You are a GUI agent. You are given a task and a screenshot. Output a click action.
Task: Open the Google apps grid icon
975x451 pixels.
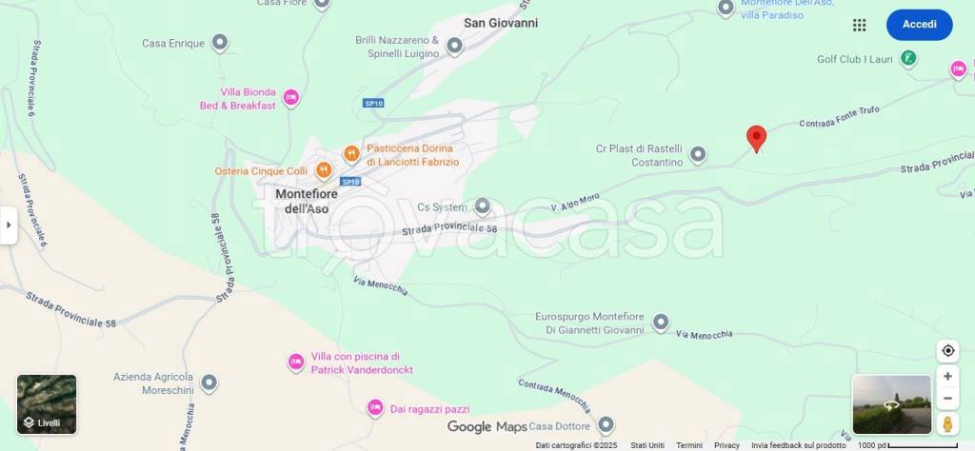[x=859, y=25]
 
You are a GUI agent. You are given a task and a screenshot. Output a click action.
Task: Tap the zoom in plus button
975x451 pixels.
[x=947, y=376]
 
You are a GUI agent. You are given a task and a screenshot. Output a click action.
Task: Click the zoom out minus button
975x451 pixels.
[x=947, y=398]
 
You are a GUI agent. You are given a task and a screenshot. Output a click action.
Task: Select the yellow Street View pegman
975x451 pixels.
[x=947, y=423]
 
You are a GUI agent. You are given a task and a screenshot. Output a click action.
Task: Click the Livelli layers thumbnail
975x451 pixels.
[x=47, y=404]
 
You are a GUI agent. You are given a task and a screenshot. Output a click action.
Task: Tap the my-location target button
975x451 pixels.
[x=947, y=350]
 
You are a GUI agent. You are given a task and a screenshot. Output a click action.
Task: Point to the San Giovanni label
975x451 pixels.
[x=501, y=23]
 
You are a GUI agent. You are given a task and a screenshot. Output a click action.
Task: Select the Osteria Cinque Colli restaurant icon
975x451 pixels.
[x=324, y=170]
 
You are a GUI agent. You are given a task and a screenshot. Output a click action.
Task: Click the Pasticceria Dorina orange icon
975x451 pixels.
[x=351, y=153]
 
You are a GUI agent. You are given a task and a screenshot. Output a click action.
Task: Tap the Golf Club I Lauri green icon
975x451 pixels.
[x=909, y=58]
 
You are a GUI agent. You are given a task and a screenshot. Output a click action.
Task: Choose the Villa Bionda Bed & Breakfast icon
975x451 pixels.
[x=291, y=97]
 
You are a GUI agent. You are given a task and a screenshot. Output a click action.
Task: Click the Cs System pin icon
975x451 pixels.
[x=483, y=206]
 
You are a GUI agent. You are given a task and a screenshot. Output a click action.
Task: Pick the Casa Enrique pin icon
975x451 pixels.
[x=220, y=43]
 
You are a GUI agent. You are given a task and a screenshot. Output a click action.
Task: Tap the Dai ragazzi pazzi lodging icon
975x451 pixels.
[x=376, y=408]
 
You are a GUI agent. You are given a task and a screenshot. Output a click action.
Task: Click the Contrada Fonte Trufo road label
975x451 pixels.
[x=839, y=123]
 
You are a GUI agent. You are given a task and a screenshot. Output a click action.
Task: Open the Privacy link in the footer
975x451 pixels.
[x=726, y=445]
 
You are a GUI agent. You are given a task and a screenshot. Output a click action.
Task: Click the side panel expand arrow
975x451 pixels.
[x=9, y=225]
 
